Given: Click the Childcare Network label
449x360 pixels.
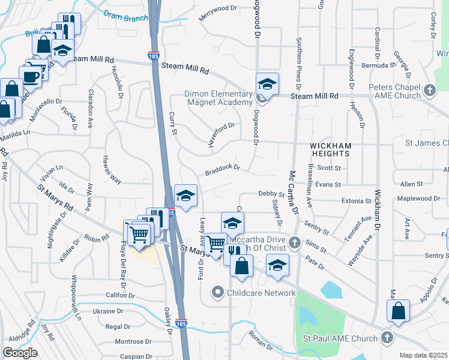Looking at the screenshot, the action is [261, 293].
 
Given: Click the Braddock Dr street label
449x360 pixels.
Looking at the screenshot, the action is [222, 170].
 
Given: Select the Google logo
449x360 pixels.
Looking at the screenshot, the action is [20, 353].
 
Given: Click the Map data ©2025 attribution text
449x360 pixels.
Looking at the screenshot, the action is [424, 355].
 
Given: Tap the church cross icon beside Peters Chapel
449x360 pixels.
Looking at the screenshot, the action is [429, 91].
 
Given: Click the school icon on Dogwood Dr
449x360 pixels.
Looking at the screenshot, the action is [267, 83].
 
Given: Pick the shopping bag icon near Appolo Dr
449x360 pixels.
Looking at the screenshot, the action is [398, 311].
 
